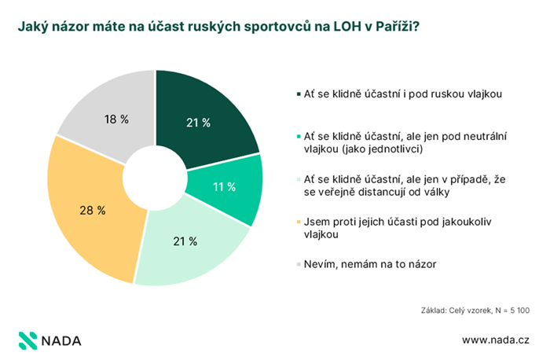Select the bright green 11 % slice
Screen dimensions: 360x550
pyautogui.click(x=228, y=186)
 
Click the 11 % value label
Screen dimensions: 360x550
pyautogui.click(x=224, y=187)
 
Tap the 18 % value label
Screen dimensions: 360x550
pyautogui.click(x=116, y=119)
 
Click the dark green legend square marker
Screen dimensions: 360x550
pyautogui.click(x=299, y=94)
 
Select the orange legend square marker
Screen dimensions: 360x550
pyautogui.click(x=299, y=222)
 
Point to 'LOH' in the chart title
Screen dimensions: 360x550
pyautogui.click(x=334, y=26)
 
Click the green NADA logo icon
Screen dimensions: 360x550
pyautogui.click(x=28, y=340)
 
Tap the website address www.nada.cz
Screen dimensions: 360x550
pyautogui.click(x=495, y=340)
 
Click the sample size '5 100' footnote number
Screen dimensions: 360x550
pyautogui.click(x=519, y=311)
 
